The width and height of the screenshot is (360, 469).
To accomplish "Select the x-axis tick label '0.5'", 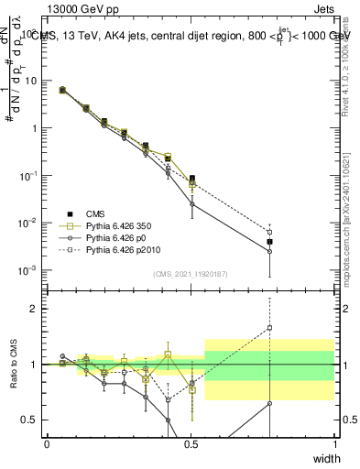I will pyautogui.click(x=191, y=444).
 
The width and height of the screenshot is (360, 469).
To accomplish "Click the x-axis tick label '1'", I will pyautogui.click(x=334, y=444).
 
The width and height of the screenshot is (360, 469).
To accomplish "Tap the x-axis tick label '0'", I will pyautogui.click(x=47, y=444).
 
